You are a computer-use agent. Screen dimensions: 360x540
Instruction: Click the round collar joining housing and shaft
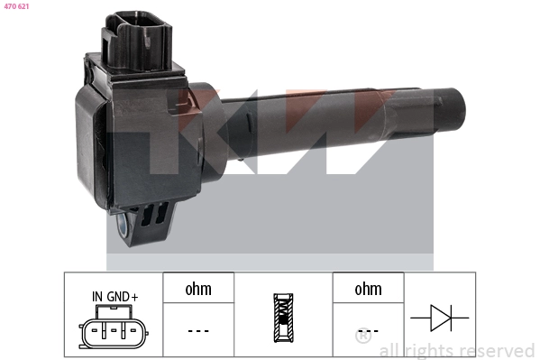tap(206, 117)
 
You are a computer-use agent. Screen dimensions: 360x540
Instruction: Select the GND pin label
tap(118, 296)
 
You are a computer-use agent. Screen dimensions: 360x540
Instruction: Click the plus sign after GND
tap(135, 296)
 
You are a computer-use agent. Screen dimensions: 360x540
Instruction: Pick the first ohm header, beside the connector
tap(197, 289)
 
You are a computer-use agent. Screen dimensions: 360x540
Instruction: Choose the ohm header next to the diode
tap(368, 289)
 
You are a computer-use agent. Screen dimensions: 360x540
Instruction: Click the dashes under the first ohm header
tap(197, 330)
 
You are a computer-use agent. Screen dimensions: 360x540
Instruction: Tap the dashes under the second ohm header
tap(368, 330)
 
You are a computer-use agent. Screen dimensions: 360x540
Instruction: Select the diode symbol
tap(439, 318)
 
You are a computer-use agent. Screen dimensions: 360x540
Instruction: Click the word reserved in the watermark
tap(496, 351)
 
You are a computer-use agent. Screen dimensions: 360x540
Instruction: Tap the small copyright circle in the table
tap(362, 338)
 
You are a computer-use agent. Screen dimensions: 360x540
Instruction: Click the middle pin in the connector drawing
tap(114, 331)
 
